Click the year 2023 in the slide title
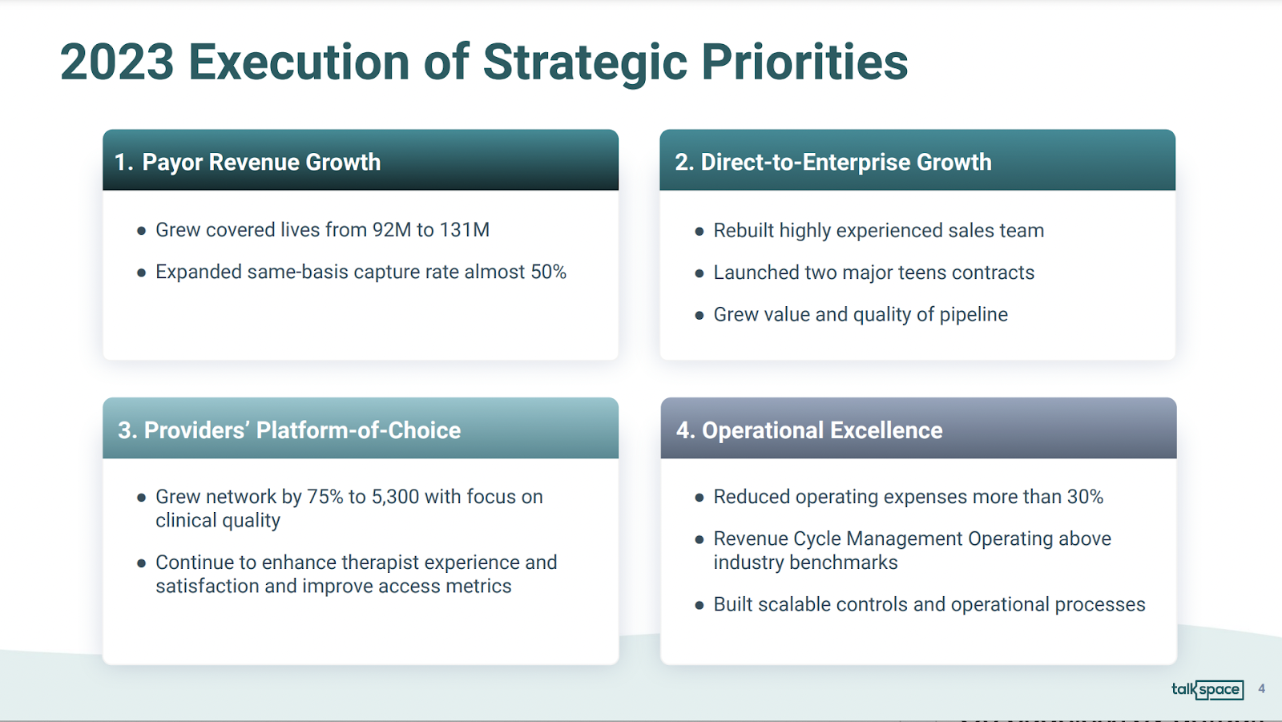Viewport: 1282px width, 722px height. tap(117, 62)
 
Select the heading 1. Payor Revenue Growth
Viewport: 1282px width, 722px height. tap(248, 162)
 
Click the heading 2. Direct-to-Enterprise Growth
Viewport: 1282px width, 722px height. tap(832, 162)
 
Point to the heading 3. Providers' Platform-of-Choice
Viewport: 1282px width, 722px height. tap(289, 430)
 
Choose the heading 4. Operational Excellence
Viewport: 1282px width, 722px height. tap(809, 430)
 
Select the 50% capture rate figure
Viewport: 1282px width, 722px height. tap(548, 272)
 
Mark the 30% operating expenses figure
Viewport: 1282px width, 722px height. tap(1085, 497)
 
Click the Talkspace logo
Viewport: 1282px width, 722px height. tap(1207, 689)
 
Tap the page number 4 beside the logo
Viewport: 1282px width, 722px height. tap(1261, 689)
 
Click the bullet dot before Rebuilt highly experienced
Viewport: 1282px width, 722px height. tap(699, 232)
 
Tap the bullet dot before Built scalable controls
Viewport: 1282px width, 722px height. tap(699, 605)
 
